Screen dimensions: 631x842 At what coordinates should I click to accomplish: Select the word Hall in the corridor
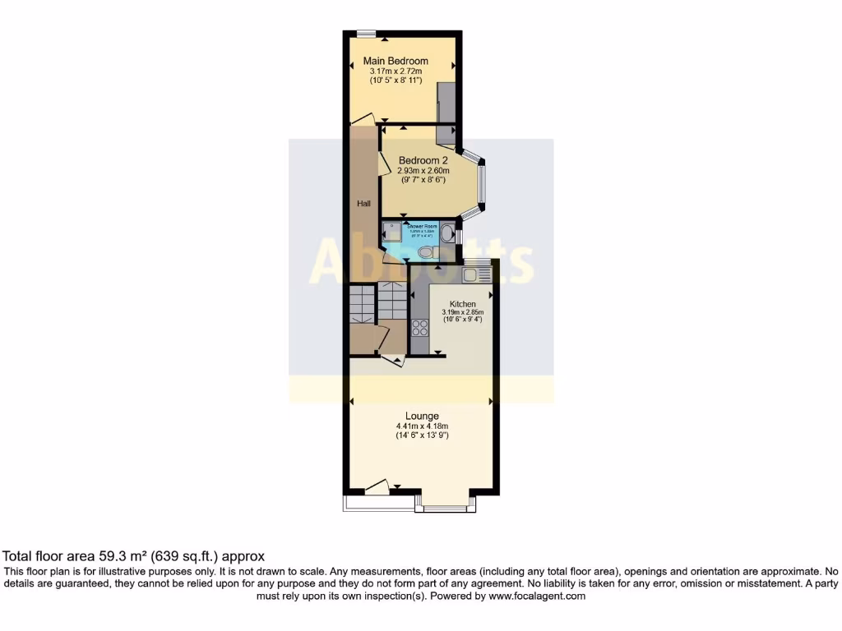point(363,203)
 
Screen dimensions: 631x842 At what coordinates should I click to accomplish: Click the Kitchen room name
point(462,304)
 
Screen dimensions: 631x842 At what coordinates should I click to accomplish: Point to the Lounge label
point(421,416)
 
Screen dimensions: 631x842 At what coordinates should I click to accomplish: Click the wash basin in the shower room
point(446,233)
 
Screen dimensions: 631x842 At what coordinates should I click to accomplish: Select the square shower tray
point(392,233)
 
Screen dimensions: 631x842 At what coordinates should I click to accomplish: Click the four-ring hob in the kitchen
point(419,327)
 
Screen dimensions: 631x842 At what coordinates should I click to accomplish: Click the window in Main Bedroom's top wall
point(367,33)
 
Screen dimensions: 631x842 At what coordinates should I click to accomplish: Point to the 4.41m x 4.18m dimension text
point(421,426)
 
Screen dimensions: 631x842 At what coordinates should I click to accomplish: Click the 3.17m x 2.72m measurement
point(400,72)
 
